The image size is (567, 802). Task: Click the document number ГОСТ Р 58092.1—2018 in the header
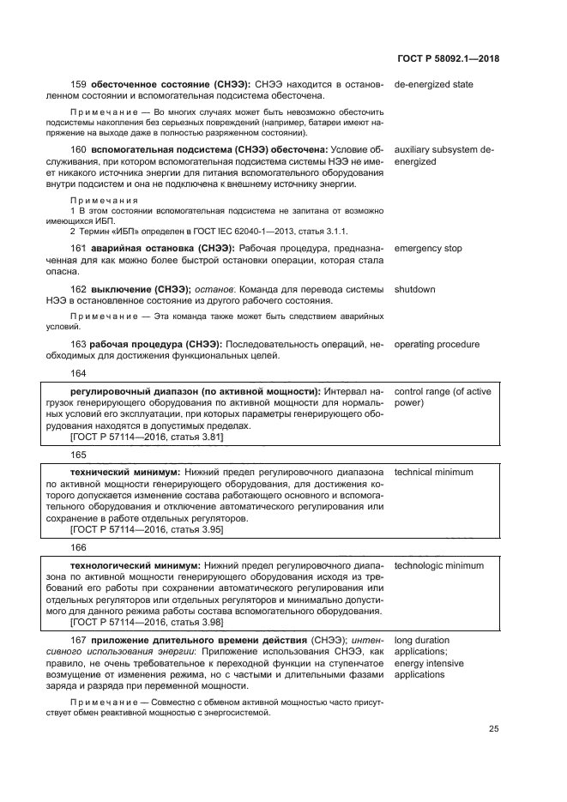click(449, 58)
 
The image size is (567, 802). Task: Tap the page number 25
click(493, 729)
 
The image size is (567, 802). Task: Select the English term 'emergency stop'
click(427, 249)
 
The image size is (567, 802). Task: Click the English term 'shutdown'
click(414, 290)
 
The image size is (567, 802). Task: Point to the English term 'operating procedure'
click(437, 345)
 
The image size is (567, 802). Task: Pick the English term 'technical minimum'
click(433, 473)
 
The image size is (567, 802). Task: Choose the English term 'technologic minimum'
click(438, 566)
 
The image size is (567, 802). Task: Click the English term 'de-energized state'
click(433, 85)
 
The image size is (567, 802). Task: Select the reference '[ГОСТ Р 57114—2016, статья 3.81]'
click(147, 437)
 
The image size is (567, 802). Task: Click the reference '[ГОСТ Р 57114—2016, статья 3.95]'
click(147, 530)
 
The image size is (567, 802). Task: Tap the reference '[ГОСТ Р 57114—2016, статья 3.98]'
click(147, 623)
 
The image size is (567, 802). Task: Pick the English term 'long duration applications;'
click(421, 647)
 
